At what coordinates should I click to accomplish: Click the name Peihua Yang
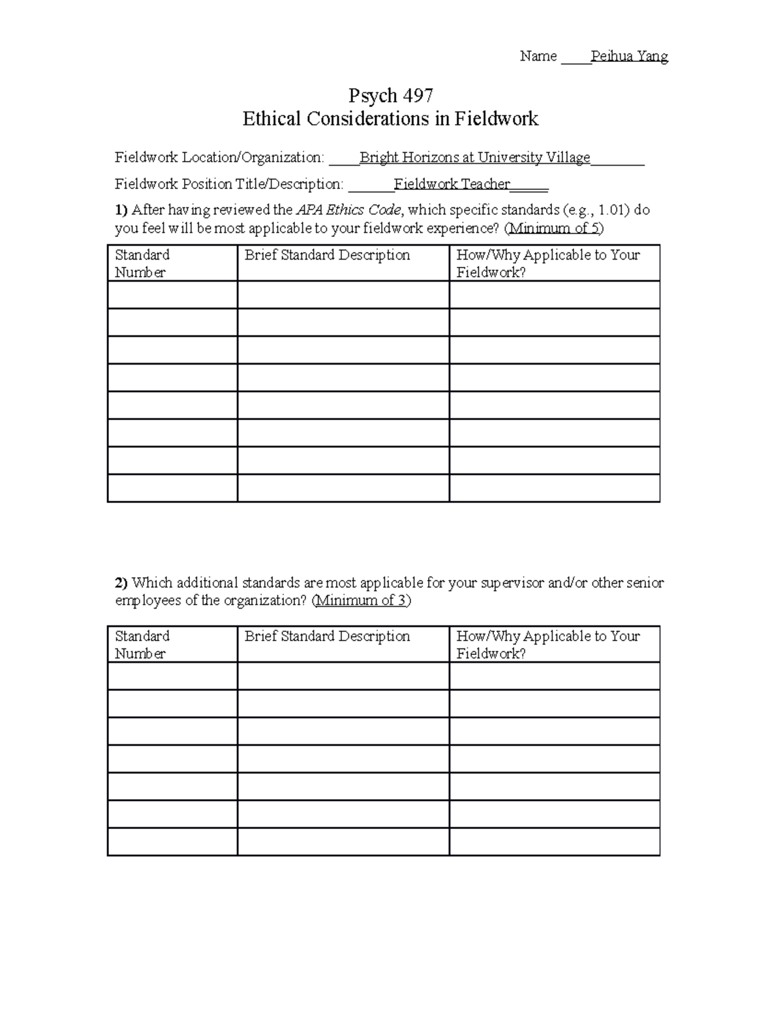tap(629, 56)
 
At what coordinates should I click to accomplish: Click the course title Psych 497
tap(390, 96)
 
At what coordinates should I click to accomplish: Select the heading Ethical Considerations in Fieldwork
tap(390, 119)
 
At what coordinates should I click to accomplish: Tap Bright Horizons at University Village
tap(474, 157)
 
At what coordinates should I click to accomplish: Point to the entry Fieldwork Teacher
tap(452, 184)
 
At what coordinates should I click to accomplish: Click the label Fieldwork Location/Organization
tap(219, 157)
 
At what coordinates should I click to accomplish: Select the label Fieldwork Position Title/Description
tap(228, 184)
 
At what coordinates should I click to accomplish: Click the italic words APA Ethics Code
tap(348, 210)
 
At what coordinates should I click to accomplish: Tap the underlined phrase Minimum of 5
tap(555, 228)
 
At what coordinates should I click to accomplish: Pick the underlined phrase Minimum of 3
tap(361, 600)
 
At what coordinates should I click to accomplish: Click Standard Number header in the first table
tap(142, 263)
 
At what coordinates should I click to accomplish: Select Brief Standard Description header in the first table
tap(327, 255)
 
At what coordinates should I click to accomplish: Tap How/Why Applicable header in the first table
tap(547, 263)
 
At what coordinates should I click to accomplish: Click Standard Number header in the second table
tap(142, 644)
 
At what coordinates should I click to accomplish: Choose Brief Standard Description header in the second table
tap(327, 636)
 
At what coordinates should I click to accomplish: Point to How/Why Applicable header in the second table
tap(547, 644)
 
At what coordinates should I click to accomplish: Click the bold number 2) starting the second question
tap(121, 582)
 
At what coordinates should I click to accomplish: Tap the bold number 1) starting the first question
tap(121, 210)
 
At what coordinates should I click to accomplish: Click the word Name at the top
tap(538, 56)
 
